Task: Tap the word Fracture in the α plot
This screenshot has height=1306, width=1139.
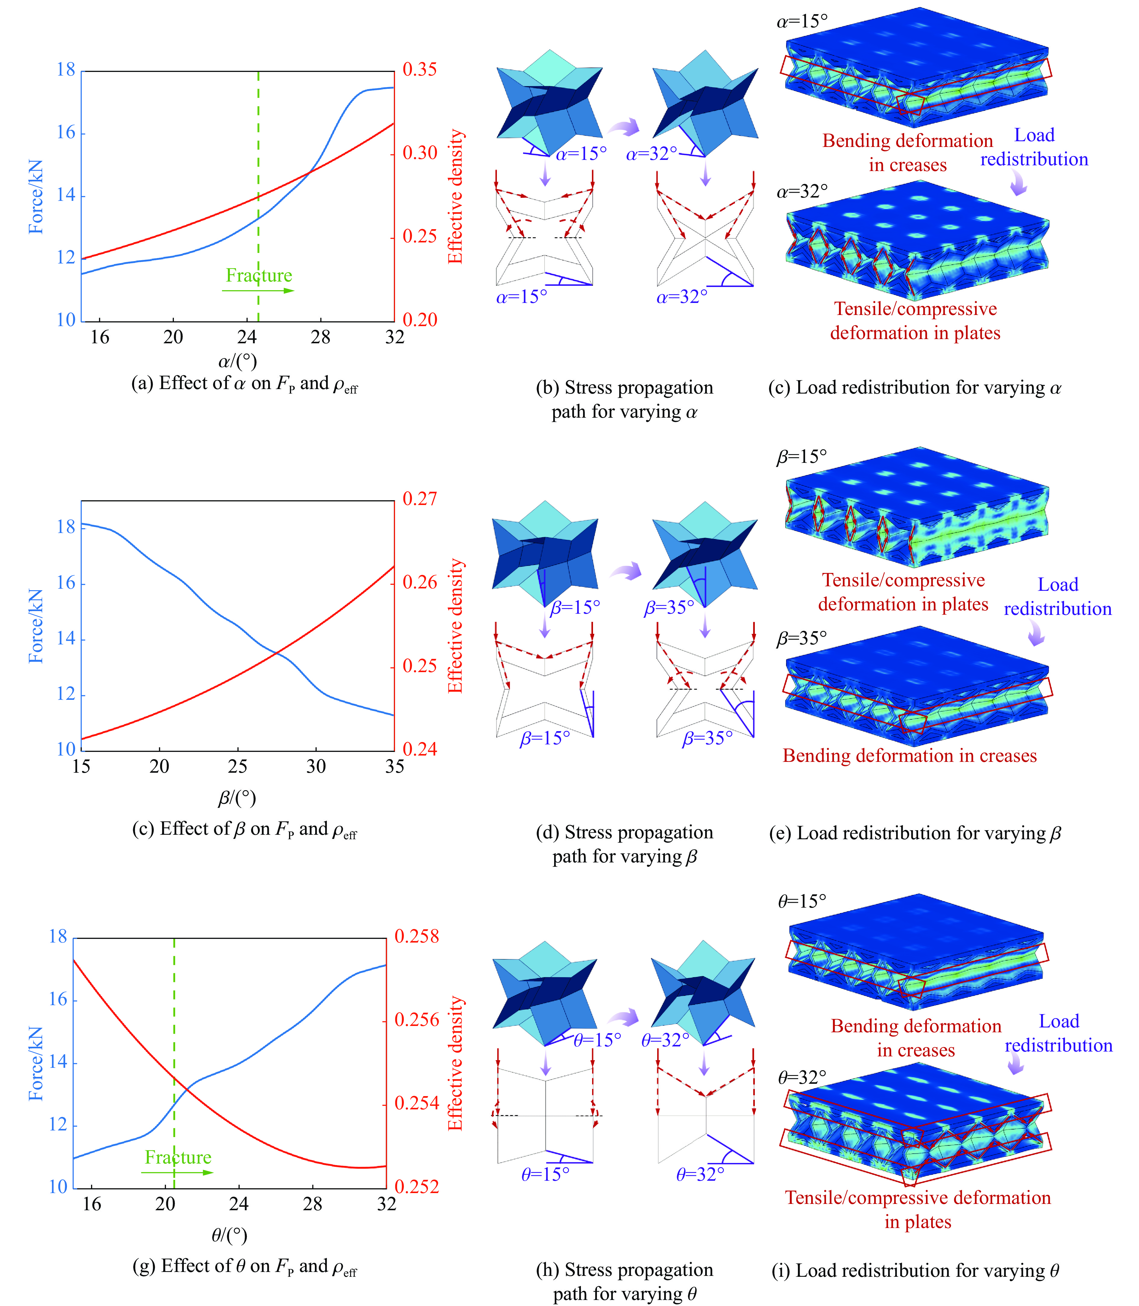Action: (x=259, y=275)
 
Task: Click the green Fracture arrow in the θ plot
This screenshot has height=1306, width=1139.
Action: (x=177, y=1172)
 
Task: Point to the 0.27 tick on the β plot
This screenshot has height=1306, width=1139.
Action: (x=419, y=499)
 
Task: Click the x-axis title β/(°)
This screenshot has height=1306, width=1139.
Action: (x=237, y=798)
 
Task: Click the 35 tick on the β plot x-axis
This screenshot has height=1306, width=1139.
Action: (x=394, y=767)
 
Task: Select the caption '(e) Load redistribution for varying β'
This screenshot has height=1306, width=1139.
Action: (x=915, y=833)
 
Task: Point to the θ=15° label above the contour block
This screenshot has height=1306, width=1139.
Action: (x=802, y=901)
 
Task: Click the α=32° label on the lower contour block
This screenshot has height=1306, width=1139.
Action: (x=802, y=191)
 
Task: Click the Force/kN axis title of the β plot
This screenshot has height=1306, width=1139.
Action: (x=36, y=626)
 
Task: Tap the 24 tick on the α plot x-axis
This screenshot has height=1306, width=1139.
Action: (x=247, y=337)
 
